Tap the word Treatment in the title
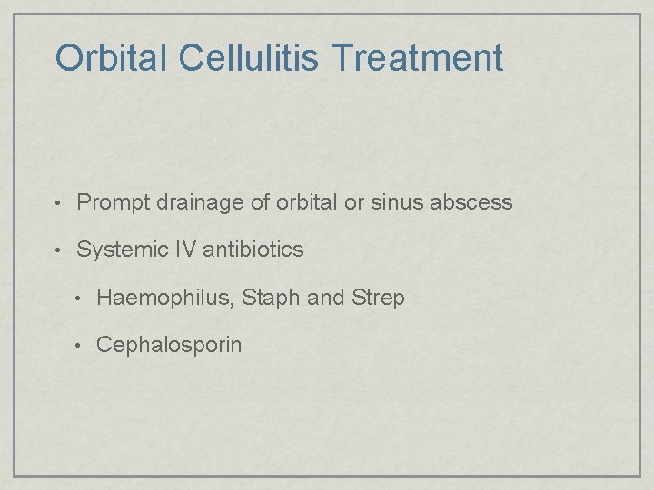coord(417,58)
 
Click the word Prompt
coord(114,202)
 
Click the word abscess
coord(472,202)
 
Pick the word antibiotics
coord(253,250)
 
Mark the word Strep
coord(378,298)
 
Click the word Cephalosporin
coord(169,345)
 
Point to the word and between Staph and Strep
coord(326,298)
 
